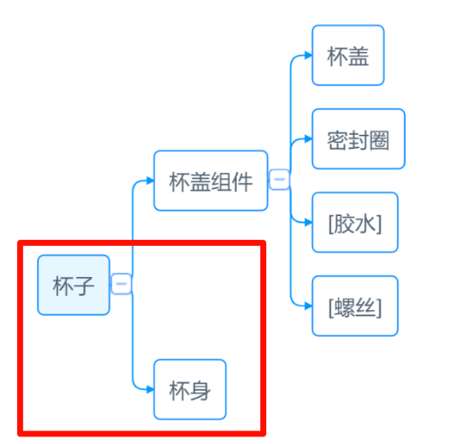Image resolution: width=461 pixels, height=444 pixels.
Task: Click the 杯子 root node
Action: [74, 285]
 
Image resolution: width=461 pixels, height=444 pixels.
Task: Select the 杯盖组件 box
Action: [211, 180]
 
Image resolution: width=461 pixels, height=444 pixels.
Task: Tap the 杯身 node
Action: [190, 389]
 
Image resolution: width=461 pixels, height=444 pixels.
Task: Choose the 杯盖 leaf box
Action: [348, 55]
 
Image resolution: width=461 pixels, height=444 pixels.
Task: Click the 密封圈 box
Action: [358, 139]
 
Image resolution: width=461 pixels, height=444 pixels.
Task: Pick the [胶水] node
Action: [355, 222]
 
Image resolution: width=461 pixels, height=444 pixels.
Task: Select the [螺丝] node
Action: [355, 306]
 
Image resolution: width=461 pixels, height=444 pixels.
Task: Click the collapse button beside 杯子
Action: [121, 284]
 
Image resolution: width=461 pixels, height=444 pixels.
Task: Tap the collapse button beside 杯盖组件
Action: [280, 180]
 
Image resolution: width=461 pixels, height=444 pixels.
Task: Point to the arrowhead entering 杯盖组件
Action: [150, 180]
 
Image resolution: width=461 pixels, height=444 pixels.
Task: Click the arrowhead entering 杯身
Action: [150, 390]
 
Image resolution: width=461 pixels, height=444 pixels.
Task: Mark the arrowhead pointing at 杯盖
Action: [308, 55]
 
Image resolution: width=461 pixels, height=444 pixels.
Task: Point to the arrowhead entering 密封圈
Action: [308, 139]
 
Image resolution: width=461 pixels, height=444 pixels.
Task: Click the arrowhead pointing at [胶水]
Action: [308, 223]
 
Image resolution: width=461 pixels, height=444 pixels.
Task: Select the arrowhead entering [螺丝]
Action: [308, 306]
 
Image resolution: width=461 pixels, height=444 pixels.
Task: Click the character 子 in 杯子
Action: [84, 286]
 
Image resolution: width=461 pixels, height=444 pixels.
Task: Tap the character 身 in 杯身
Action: [201, 391]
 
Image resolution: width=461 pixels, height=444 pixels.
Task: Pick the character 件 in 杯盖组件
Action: [242, 181]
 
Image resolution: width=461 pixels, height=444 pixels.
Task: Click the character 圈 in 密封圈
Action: [380, 140]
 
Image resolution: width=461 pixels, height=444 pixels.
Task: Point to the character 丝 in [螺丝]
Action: [366, 307]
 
